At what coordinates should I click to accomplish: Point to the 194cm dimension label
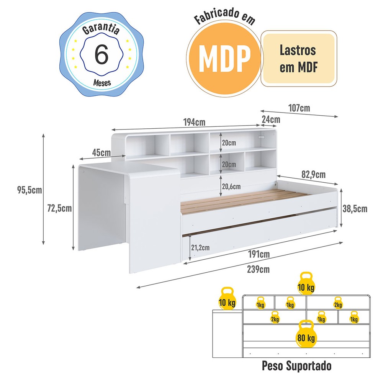(x=194, y=123)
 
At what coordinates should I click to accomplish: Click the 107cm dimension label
(x=300, y=108)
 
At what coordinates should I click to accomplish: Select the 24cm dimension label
(x=270, y=119)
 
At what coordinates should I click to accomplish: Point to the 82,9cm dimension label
(x=313, y=175)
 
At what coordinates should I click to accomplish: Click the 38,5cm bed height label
(x=355, y=209)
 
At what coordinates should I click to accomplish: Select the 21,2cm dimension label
(x=200, y=247)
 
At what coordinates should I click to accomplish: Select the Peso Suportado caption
(x=296, y=366)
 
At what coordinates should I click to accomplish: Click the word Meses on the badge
(x=101, y=82)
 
